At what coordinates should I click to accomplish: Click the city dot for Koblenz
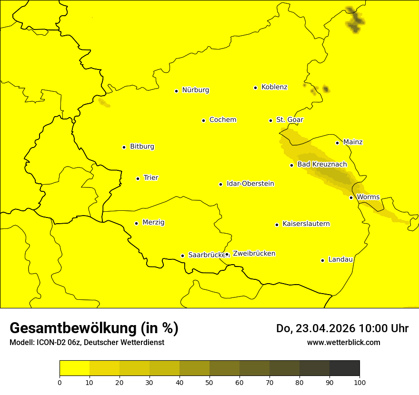tap(256, 88)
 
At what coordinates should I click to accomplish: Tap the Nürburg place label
tap(195, 90)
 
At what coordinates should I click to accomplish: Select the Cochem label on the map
tap(222, 120)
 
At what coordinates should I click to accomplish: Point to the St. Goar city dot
tap(270, 120)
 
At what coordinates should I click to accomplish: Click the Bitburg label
tap(142, 147)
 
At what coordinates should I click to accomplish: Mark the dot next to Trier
tap(138, 178)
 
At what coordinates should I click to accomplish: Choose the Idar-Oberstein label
tap(250, 184)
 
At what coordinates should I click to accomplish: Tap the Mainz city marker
tap(337, 143)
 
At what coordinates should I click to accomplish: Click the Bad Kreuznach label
tap(322, 165)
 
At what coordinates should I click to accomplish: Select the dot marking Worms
tap(351, 197)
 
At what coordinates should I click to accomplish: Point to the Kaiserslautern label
tap(306, 224)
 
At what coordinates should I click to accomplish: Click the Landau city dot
tap(322, 260)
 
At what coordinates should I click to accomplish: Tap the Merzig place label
tap(153, 223)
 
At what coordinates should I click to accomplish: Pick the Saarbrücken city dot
tap(182, 256)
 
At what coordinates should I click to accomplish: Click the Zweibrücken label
tap(254, 254)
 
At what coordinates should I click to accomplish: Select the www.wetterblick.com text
tap(343, 342)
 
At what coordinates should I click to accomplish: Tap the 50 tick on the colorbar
tap(209, 382)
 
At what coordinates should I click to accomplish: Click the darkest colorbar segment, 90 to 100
tap(344, 368)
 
